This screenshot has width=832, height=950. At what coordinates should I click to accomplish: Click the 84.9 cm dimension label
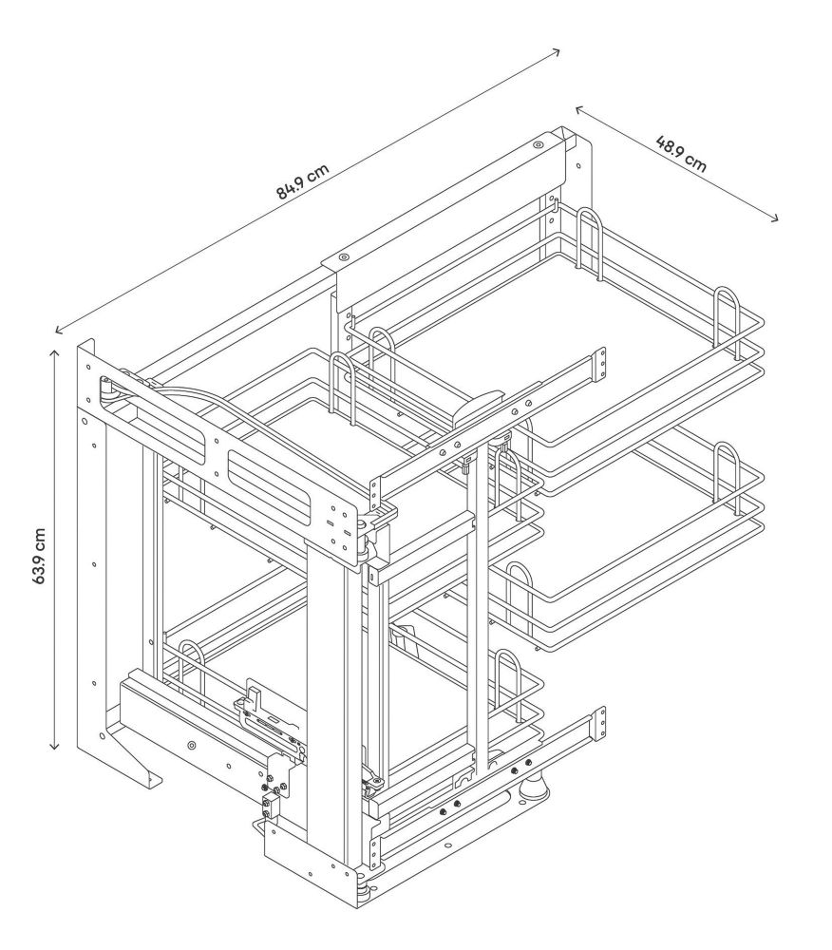coord(302,181)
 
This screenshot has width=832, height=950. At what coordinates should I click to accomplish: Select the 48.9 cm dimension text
coord(681,154)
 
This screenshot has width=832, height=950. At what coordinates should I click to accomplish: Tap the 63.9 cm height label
coord(39,556)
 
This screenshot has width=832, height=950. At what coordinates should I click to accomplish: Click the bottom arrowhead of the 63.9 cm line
coord(54,747)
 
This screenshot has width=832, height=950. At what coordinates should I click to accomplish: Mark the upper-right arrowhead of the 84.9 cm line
coord(557,51)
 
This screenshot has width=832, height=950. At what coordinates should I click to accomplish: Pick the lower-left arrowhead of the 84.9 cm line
coord(58,331)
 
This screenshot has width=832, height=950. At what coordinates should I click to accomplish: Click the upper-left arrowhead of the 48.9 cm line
coord(578,109)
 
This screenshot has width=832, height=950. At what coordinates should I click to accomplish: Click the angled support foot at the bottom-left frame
coord(135,757)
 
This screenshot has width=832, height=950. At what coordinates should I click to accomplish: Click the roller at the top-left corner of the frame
coord(106,389)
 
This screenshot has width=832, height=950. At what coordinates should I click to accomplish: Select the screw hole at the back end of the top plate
coord(538,145)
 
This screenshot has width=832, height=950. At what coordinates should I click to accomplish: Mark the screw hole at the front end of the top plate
coord(344,257)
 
